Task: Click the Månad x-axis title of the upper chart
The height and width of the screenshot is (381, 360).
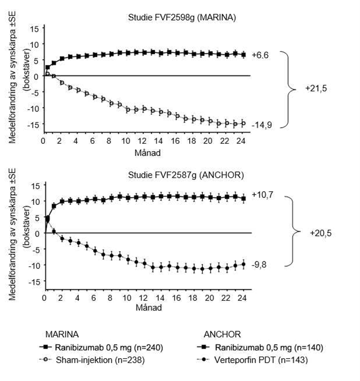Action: pos(144,153)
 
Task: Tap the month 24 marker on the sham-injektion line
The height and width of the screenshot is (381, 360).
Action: pos(243,123)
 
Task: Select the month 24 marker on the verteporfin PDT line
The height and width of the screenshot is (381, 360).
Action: pos(243,264)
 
